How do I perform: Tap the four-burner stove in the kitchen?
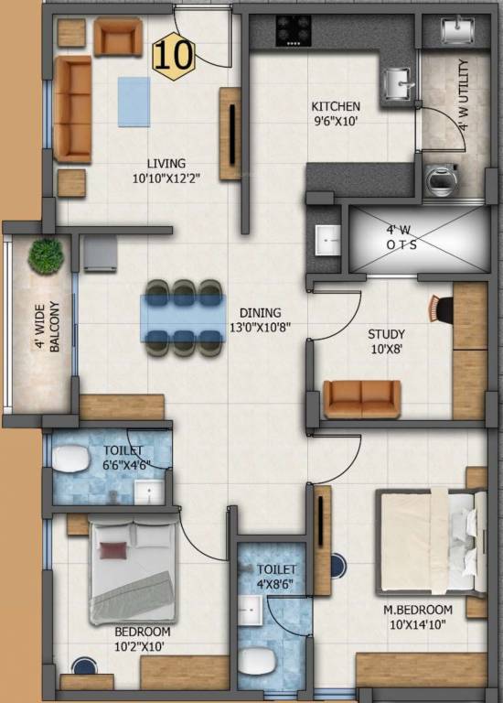point(294,29)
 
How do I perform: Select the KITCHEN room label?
point(336,107)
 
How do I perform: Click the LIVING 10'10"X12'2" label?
point(166,171)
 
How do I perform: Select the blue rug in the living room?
point(134,102)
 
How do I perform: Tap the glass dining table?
point(183,318)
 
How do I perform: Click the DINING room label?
point(261,313)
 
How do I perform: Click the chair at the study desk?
point(441,308)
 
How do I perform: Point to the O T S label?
point(401,244)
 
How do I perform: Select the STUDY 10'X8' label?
point(386,341)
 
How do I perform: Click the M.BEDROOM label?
point(417,610)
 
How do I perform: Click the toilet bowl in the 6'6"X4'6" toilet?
point(70,459)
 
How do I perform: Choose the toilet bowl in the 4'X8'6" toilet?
point(257,661)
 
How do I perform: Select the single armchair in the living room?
point(118,37)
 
